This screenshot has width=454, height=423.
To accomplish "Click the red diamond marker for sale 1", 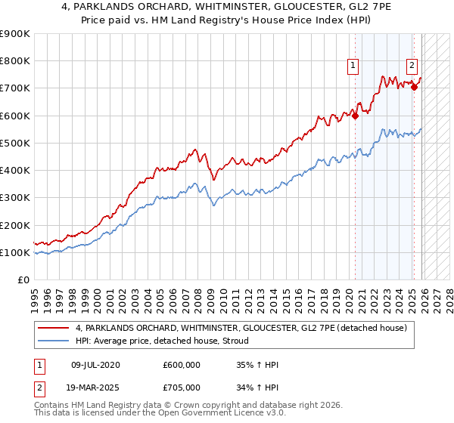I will click(355, 116).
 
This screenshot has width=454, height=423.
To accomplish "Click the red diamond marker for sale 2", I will click(414, 88).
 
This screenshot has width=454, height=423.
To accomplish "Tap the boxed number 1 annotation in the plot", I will click(353, 66).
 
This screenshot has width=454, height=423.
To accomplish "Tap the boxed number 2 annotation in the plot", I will click(412, 66).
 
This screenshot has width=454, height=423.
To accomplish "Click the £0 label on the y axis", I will click(23, 280).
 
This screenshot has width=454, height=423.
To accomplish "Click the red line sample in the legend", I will click(53, 328).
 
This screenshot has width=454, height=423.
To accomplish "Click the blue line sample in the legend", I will click(53, 341).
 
